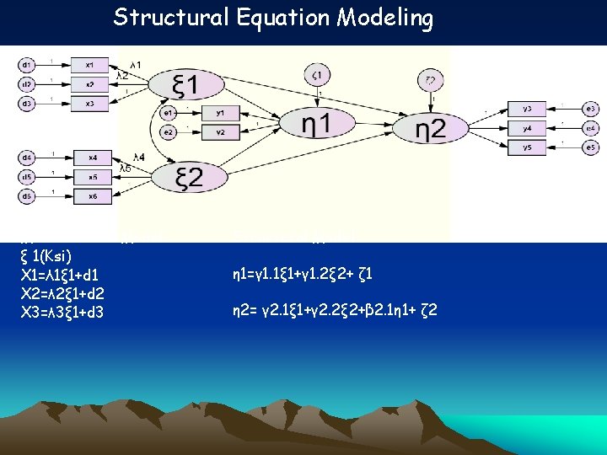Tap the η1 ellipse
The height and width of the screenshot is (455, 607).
(x=314, y=124)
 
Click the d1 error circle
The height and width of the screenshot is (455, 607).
(x=28, y=65)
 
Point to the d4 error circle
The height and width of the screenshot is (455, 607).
(x=28, y=158)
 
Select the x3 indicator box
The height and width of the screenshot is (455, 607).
(x=90, y=103)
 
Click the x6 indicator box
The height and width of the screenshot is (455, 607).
(x=90, y=196)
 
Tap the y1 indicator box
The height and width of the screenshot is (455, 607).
(x=221, y=113)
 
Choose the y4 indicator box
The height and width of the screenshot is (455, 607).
(x=527, y=128)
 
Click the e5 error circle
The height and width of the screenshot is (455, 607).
(x=591, y=147)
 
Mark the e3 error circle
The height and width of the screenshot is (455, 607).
(x=591, y=109)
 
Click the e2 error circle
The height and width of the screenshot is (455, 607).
(x=169, y=131)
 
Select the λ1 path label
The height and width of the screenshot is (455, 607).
(x=135, y=65)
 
